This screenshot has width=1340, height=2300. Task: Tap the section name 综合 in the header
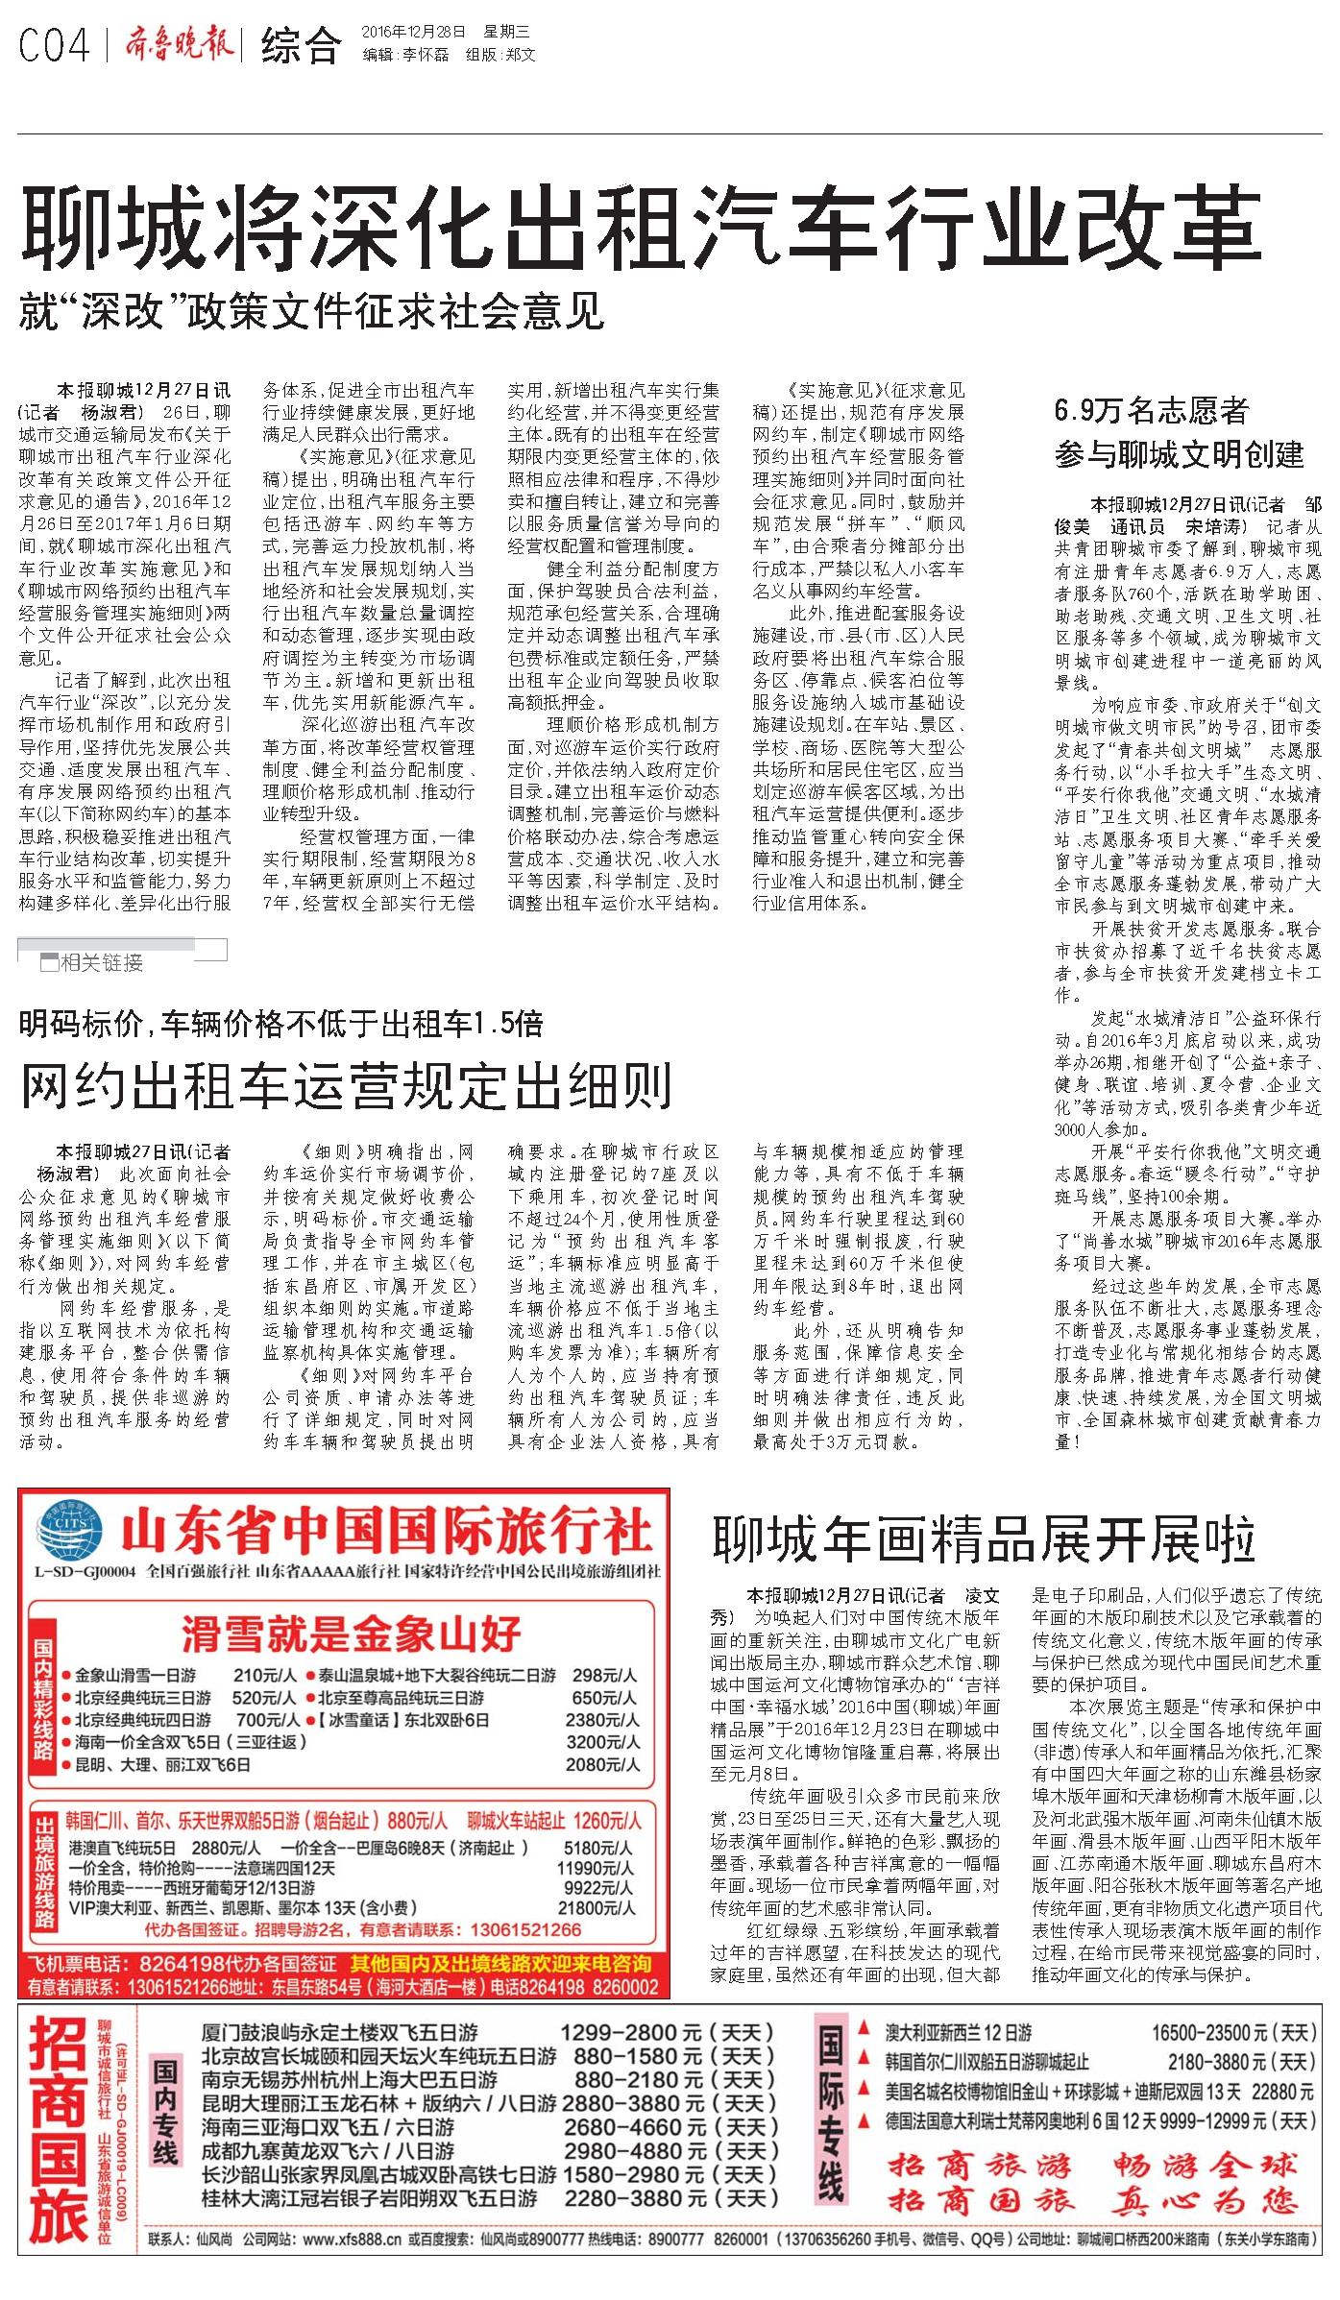(300, 45)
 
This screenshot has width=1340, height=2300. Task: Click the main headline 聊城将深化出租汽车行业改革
(641, 224)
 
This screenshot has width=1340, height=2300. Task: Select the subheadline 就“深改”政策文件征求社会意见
(312, 313)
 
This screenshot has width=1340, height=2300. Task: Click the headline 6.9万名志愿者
(1151, 412)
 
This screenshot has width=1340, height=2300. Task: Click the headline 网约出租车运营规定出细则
(346, 1086)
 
